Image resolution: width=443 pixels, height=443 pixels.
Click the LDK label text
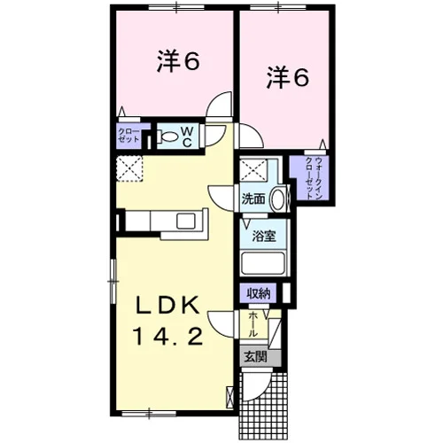pyautogui.click(x=167, y=305)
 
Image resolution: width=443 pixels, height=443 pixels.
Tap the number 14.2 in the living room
pyautogui.click(x=169, y=337)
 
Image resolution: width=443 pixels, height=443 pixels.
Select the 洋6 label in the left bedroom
pyautogui.click(x=178, y=61)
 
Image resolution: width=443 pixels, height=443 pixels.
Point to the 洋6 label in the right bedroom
pyautogui.click(x=288, y=77)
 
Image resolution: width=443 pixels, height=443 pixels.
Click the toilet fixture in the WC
pyautogui.click(x=168, y=136)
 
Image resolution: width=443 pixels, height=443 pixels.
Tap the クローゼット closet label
pyautogui.click(x=128, y=136)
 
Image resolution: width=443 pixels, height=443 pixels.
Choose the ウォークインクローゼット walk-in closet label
pyautogui.click(x=314, y=178)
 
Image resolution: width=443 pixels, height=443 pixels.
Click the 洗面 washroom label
pyautogui.click(x=253, y=199)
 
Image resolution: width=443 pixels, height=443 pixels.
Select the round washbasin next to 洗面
pyautogui.click(x=278, y=199)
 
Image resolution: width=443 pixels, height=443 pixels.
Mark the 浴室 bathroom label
pyautogui.click(x=264, y=237)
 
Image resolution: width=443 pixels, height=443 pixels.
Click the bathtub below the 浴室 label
pyautogui.click(x=263, y=263)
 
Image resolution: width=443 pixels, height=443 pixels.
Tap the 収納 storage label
pyautogui.click(x=258, y=293)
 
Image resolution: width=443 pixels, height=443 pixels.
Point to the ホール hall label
pyautogui.click(x=253, y=324)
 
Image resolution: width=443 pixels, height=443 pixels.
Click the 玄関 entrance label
pyautogui.click(x=255, y=357)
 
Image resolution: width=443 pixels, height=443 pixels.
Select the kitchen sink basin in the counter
pyautogui.click(x=186, y=221)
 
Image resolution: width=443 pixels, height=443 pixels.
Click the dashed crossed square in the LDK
pyautogui.click(x=129, y=168)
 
